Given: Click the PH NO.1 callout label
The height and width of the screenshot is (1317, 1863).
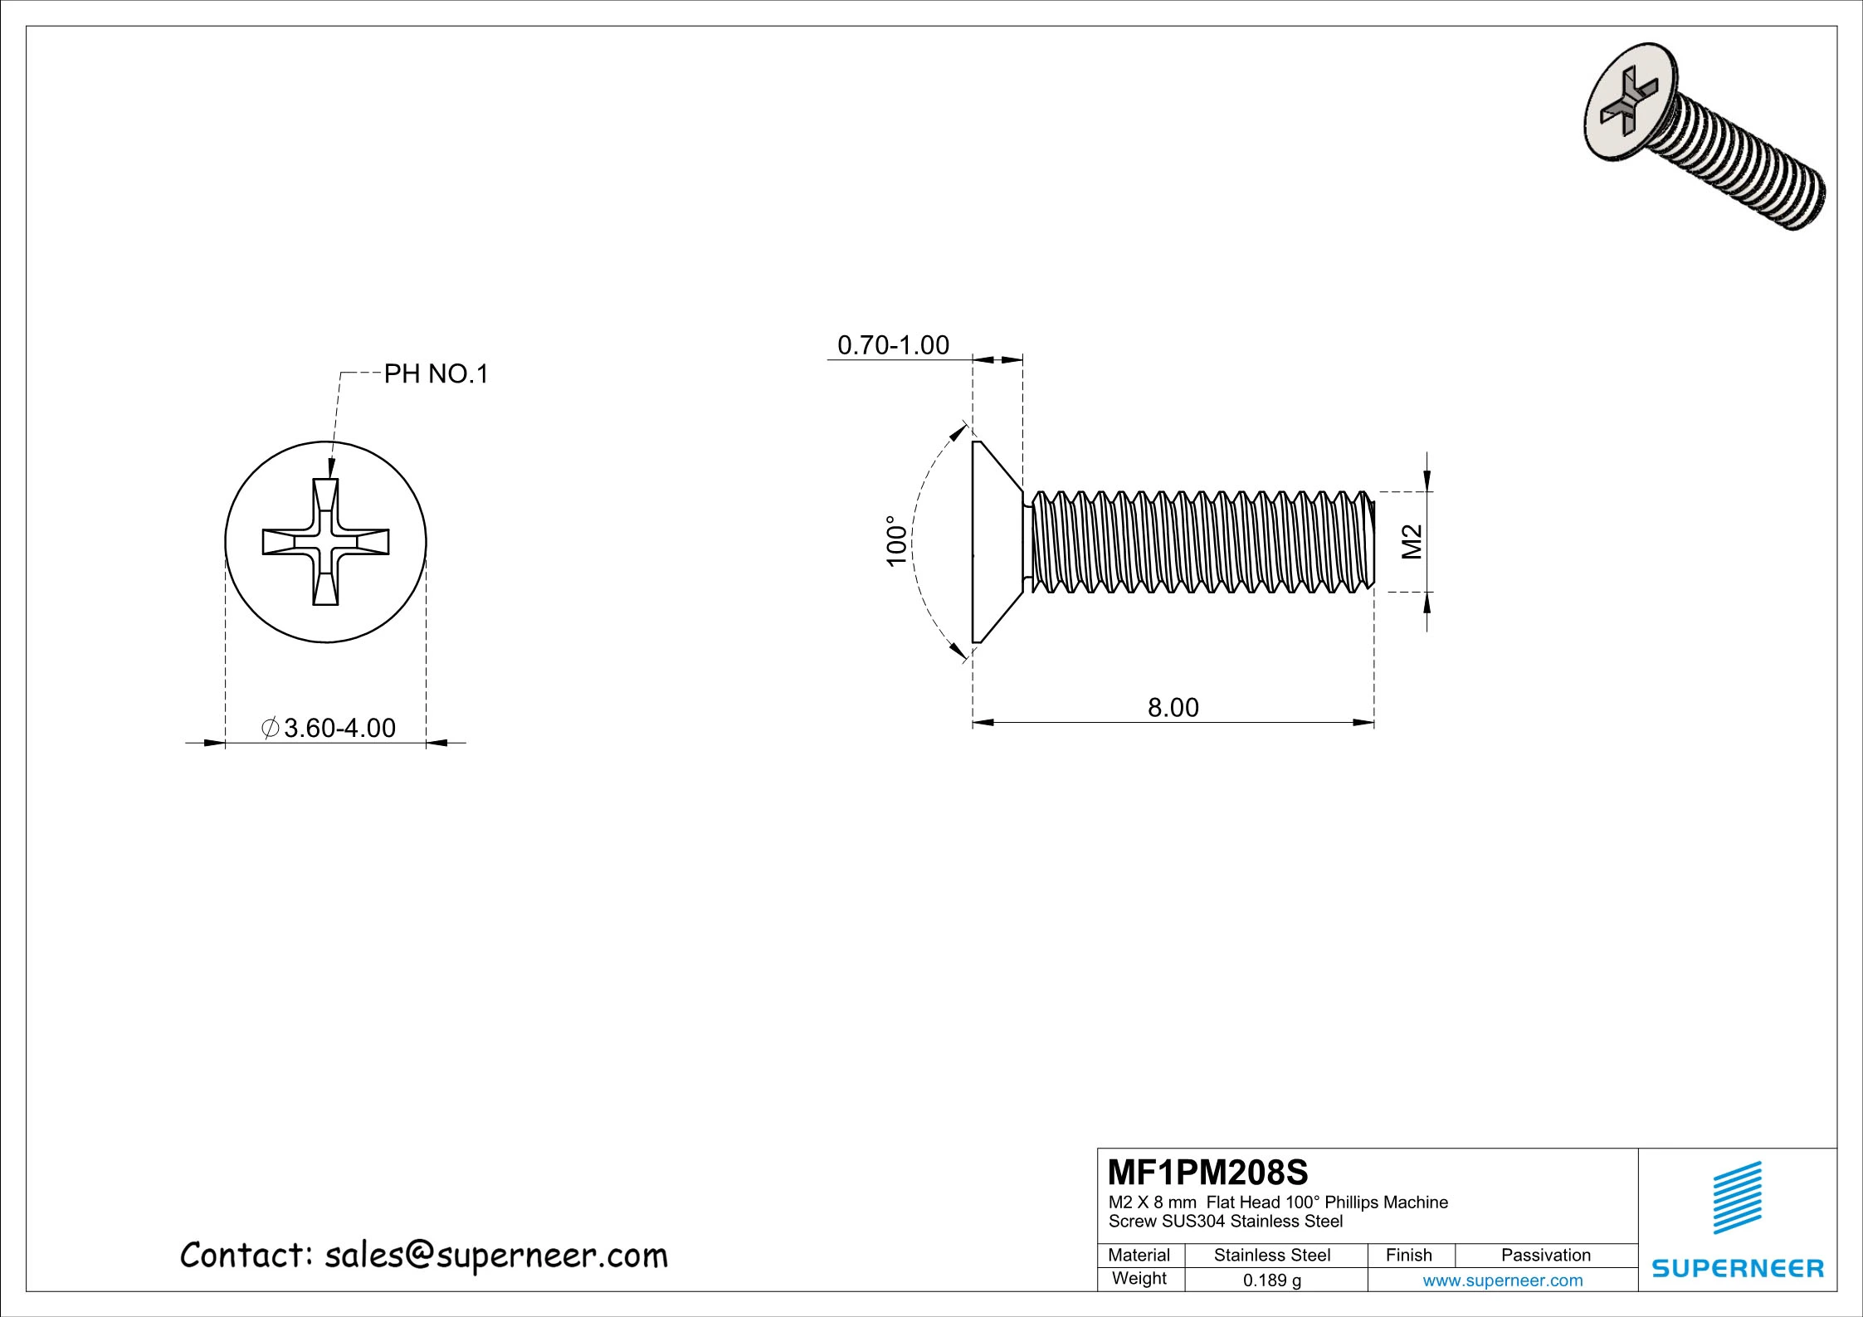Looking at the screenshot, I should coord(436,374).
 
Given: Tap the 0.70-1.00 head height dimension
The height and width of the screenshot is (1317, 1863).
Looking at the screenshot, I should coord(893,345).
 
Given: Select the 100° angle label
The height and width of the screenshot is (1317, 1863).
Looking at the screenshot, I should coord(895,540).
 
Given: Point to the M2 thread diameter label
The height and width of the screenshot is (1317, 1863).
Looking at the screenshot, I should coord(1412,542).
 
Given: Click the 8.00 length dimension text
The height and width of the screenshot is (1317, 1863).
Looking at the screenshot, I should coord(1173,707).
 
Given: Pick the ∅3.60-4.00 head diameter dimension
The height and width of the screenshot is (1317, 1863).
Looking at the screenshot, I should coord(328,728).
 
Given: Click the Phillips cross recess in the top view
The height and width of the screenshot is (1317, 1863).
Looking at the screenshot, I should coord(326,541).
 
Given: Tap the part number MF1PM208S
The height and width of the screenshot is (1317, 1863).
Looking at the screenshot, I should coord(1207,1173).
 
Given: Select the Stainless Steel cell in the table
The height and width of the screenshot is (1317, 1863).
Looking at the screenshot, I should coord(1271,1256).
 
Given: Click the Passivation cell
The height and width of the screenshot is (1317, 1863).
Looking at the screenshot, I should coord(1545,1256).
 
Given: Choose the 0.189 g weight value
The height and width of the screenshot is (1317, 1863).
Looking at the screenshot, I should coord(1271,1280).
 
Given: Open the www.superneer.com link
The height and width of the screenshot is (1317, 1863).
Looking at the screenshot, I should coord(1502,1280).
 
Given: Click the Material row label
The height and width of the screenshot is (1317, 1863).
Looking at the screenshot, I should coord(1139,1256).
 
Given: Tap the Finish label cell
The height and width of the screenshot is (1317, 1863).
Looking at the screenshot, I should coord(1408,1256).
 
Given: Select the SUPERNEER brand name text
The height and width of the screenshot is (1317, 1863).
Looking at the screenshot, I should coord(1738,1268).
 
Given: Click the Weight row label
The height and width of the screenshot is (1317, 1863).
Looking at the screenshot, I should coord(1139,1279).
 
